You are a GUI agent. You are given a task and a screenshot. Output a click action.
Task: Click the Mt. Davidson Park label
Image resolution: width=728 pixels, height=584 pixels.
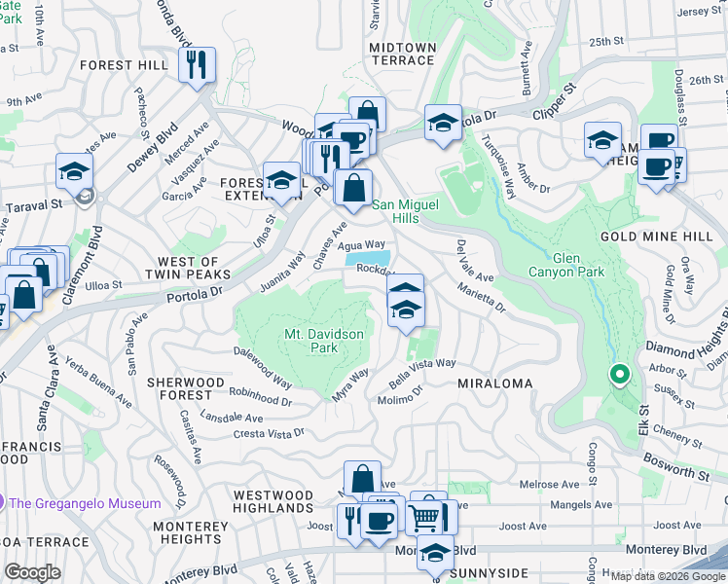pos(323,341)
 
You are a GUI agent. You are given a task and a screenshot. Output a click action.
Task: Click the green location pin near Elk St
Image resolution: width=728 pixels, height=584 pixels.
pos(618,374)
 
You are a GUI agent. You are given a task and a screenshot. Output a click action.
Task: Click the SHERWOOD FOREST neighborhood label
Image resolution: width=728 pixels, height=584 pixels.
pos(179,389)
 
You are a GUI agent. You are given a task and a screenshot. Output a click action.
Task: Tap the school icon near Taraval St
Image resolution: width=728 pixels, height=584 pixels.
pos(74,172)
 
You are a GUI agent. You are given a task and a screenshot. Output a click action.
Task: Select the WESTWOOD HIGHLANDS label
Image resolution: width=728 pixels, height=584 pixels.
pos(273,502)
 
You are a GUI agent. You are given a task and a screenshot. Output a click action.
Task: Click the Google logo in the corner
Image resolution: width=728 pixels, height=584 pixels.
pos(32,572)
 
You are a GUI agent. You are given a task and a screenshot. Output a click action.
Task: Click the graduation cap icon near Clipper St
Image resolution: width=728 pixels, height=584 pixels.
pos(443,123)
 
